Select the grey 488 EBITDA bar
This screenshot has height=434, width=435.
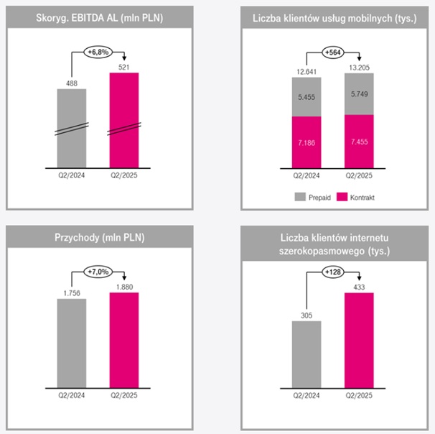point(72,129)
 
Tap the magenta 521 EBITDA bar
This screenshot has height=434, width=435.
point(124,122)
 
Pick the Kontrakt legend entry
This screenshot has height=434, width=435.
point(361,195)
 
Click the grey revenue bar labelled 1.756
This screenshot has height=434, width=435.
point(72,345)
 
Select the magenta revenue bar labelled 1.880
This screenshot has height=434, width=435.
point(124,341)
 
